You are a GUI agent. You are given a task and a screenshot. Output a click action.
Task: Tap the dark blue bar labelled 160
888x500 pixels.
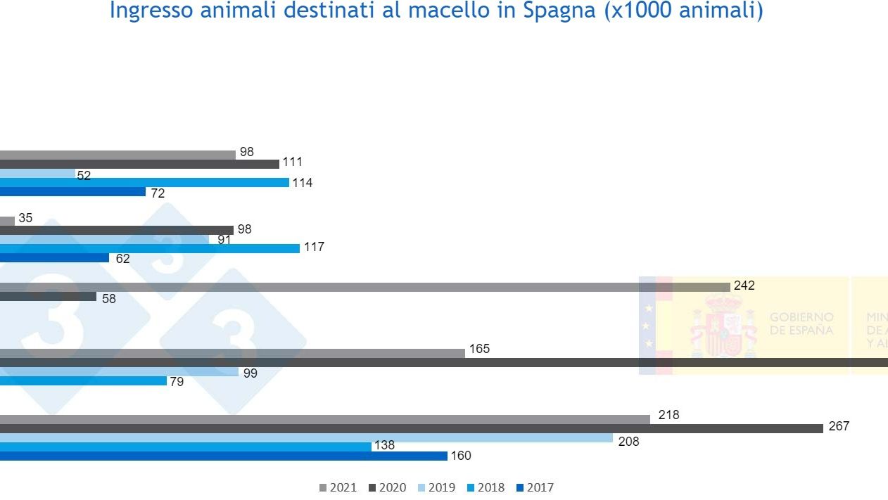pyautogui.click(x=223, y=456)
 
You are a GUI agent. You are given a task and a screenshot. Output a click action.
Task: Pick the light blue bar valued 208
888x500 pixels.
pyautogui.click(x=306, y=437)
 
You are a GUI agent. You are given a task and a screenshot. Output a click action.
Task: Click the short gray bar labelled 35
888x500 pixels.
pyautogui.click(x=7, y=221)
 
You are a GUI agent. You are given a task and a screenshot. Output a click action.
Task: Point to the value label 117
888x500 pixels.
pyautogui.click(x=314, y=248)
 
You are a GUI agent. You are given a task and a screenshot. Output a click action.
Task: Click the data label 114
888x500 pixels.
pyautogui.click(x=303, y=183)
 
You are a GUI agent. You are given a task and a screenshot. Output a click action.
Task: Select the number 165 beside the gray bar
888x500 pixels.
pyautogui.click(x=479, y=349)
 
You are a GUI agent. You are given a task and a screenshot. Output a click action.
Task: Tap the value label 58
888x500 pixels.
pyautogui.click(x=109, y=299)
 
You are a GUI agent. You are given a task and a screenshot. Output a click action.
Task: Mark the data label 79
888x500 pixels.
pyautogui.click(x=177, y=383)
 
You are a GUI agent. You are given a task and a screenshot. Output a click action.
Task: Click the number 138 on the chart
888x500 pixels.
pyautogui.click(x=384, y=445)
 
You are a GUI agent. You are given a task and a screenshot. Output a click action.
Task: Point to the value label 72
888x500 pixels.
pyautogui.click(x=158, y=193)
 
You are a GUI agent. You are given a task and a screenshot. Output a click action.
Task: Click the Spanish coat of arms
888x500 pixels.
pyautogui.click(x=723, y=325)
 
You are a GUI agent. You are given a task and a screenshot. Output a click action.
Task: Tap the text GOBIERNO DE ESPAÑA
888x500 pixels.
pyautogui.click(x=801, y=324)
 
